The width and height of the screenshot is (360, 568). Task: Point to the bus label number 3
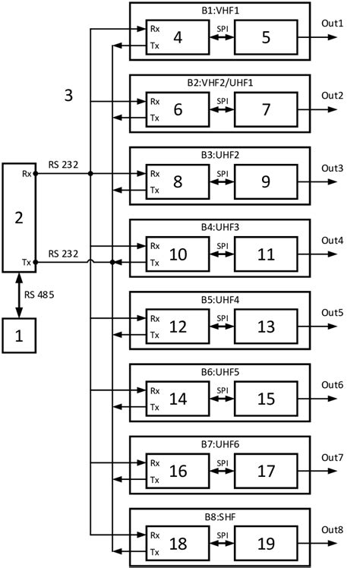click(69, 96)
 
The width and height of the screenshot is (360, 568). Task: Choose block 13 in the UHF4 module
click(265, 327)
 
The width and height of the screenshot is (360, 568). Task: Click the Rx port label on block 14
click(155, 390)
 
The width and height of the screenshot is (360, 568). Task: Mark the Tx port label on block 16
click(155, 480)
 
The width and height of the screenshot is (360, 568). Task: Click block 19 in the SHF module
click(265, 544)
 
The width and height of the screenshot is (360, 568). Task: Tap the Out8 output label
click(332, 529)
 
